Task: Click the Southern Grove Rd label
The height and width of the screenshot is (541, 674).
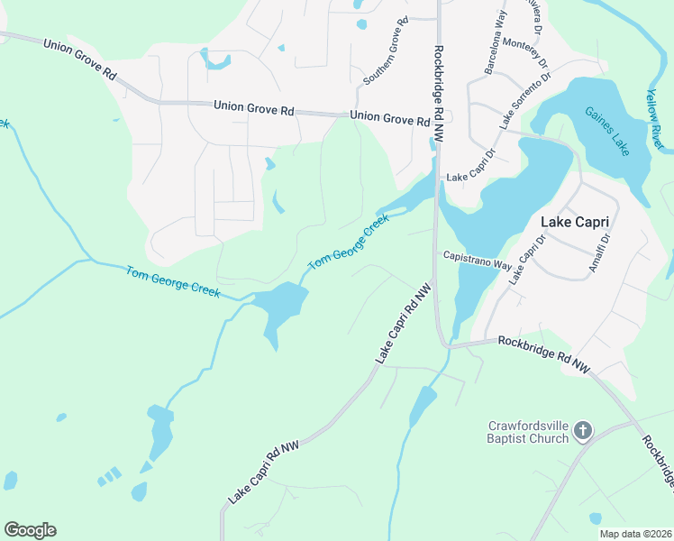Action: point(386,51)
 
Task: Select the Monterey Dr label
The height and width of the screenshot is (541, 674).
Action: point(532,56)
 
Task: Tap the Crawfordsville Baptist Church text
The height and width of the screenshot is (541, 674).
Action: point(528,432)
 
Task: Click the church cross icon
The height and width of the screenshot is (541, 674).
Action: point(583,432)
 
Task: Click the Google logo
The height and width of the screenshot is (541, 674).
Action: point(30,530)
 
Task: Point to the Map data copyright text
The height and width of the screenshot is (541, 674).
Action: point(635,534)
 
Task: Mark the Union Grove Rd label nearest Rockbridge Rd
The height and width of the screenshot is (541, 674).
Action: point(390,117)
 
